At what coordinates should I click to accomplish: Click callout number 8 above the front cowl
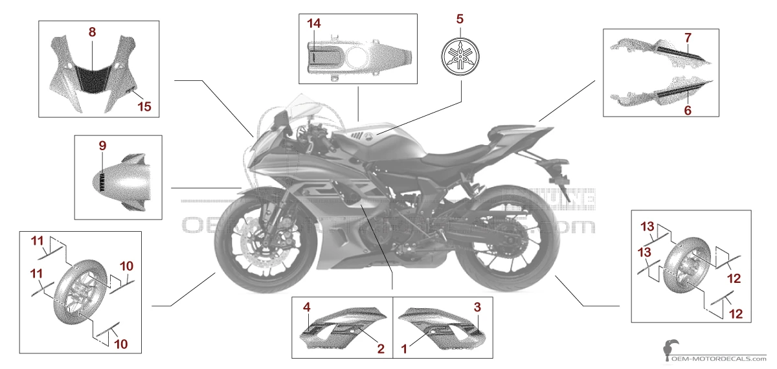(x=92, y=32)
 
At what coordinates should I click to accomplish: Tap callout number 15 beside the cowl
(x=145, y=106)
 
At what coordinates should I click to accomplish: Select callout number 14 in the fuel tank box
(x=314, y=24)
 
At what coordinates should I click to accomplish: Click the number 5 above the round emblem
(x=460, y=18)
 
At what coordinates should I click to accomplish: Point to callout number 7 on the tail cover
(x=687, y=38)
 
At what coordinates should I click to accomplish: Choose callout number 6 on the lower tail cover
(x=687, y=111)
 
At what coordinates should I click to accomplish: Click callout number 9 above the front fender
(x=102, y=146)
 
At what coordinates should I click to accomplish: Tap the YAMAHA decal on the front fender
(x=102, y=182)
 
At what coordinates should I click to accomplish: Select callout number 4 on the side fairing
(x=308, y=306)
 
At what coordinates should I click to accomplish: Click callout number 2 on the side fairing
(x=381, y=348)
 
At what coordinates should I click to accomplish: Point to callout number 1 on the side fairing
(x=405, y=348)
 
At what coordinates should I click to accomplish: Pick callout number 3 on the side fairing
(x=477, y=306)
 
